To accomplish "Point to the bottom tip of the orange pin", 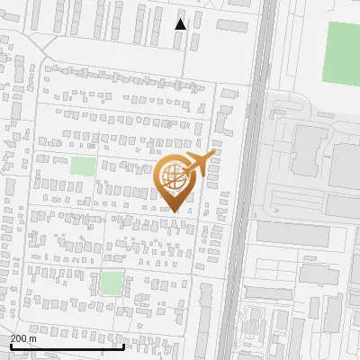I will point(175,211).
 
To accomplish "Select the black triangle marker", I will point(181,24).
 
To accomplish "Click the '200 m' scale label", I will point(24,338).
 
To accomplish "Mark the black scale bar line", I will point(67,346).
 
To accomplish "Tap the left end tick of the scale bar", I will point(11,343).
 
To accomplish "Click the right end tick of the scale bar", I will point(124,343).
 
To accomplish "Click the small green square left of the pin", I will point(83,166).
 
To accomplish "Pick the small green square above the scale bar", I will point(112,283).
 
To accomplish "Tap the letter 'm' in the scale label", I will point(34,338).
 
